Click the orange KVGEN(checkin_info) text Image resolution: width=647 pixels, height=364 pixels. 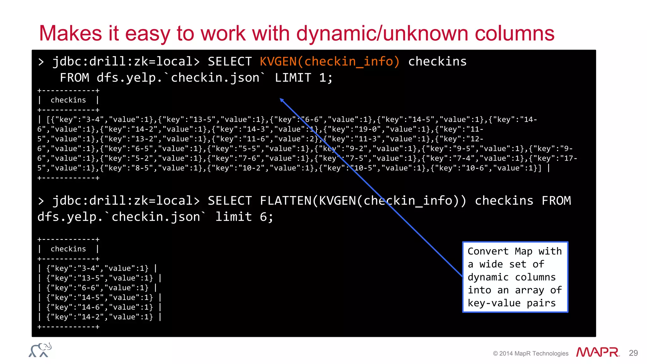[x=330, y=61]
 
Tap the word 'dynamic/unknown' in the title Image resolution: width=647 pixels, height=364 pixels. [x=382, y=33]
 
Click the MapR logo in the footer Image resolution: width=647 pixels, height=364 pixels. [x=597, y=352]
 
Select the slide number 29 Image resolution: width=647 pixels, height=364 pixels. [x=633, y=353]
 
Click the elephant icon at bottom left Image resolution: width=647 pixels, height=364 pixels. [x=40, y=350]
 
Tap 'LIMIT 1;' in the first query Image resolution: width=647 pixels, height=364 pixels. [x=304, y=78]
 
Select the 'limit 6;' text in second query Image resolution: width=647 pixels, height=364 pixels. [x=244, y=217]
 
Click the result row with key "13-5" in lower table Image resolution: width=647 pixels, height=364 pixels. [x=100, y=278]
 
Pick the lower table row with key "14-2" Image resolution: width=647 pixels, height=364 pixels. [x=100, y=317]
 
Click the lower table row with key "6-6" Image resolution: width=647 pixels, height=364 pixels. [x=97, y=288]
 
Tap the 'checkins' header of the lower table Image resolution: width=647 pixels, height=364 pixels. [x=68, y=249]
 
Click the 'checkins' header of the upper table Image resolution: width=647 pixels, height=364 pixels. [x=68, y=100]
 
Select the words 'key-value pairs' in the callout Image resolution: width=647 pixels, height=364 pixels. [x=511, y=303]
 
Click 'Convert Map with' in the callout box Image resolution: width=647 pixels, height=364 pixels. [x=515, y=251]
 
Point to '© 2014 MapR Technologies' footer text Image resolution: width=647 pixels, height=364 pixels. [x=530, y=354]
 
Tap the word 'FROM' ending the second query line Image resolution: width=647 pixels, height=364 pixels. [x=556, y=201]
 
